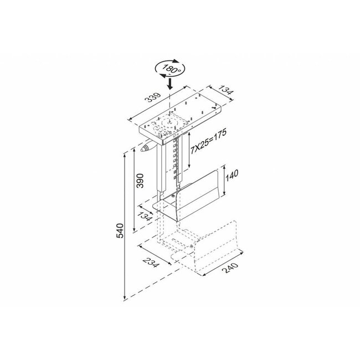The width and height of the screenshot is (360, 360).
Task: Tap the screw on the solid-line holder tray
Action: click(x=178, y=195)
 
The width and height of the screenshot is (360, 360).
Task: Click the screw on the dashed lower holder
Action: click(x=192, y=247)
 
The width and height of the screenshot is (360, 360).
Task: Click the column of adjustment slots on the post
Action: click(x=176, y=161)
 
